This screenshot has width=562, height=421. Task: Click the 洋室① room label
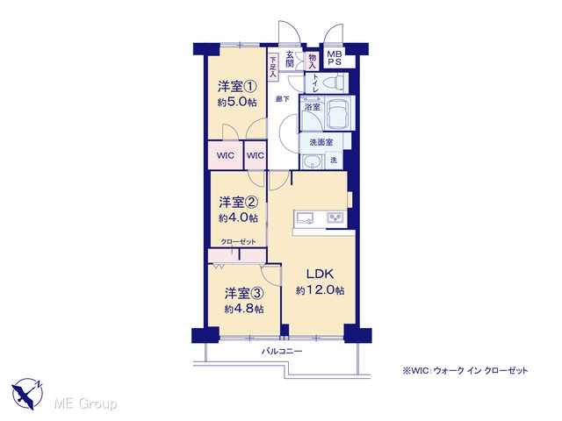[237, 87]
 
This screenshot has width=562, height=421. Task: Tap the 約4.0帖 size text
[238, 218]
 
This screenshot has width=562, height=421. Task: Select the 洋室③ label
[244, 294]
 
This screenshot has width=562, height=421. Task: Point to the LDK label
[320, 274]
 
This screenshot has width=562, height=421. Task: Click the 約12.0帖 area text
[320, 290]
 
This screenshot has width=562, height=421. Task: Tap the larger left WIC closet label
[226, 156]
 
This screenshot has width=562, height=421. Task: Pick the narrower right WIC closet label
[256, 156]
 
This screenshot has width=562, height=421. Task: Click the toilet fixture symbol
[333, 83]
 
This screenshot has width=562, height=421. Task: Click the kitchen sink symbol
[304, 218]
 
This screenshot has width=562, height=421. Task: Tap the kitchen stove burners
[335, 218]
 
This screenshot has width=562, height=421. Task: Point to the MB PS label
[335, 58]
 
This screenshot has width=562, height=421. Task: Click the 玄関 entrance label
[290, 60]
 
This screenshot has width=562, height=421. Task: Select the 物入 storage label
[313, 61]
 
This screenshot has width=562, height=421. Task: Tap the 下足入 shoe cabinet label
[273, 67]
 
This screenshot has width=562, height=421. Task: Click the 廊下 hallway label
[283, 99]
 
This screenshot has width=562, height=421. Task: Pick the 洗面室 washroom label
[321, 142]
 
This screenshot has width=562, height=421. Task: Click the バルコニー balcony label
[282, 351]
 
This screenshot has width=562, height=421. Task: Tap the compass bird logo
[27, 394]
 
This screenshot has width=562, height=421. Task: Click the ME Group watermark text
[85, 403]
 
